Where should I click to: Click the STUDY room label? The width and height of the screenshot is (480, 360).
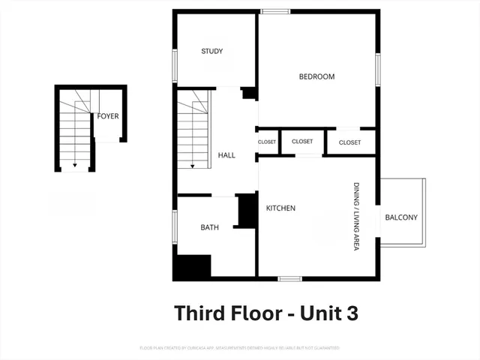(x=212, y=52)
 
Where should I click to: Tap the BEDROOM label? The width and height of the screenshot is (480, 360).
(x=316, y=76)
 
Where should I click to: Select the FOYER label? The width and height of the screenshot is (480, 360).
(x=108, y=116)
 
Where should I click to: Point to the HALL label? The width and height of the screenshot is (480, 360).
(x=226, y=155)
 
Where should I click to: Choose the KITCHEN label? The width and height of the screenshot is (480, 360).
(x=280, y=208)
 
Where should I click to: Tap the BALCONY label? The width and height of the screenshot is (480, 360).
(x=401, y=217)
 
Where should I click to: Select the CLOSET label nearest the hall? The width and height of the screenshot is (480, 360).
(x=267, y=142)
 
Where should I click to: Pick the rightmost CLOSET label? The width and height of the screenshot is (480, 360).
(x=349, y=142)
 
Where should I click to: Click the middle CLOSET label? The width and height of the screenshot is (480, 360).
(x=302, y=141)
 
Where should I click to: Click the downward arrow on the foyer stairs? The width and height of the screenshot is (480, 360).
(x=74, y=163)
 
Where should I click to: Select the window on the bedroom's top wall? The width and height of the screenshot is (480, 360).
(x=275, y=11)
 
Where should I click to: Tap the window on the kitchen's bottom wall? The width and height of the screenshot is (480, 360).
(x=289, y=279)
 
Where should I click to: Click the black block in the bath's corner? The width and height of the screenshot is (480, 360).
(x=192, y=268)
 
